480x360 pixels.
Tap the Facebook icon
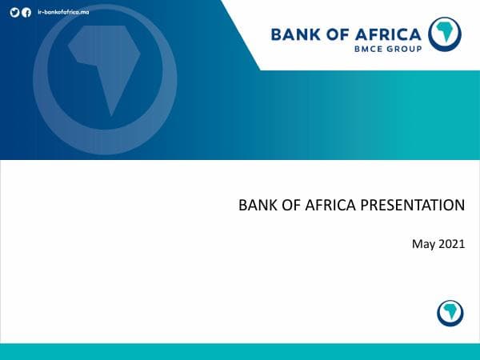[27, 13]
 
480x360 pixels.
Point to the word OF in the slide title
[283, 205]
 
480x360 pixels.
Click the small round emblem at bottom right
[450, 312]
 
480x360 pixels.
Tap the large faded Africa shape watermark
[104, 68]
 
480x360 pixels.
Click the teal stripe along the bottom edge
[240, 351]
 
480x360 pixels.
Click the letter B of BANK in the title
[243, 205]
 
